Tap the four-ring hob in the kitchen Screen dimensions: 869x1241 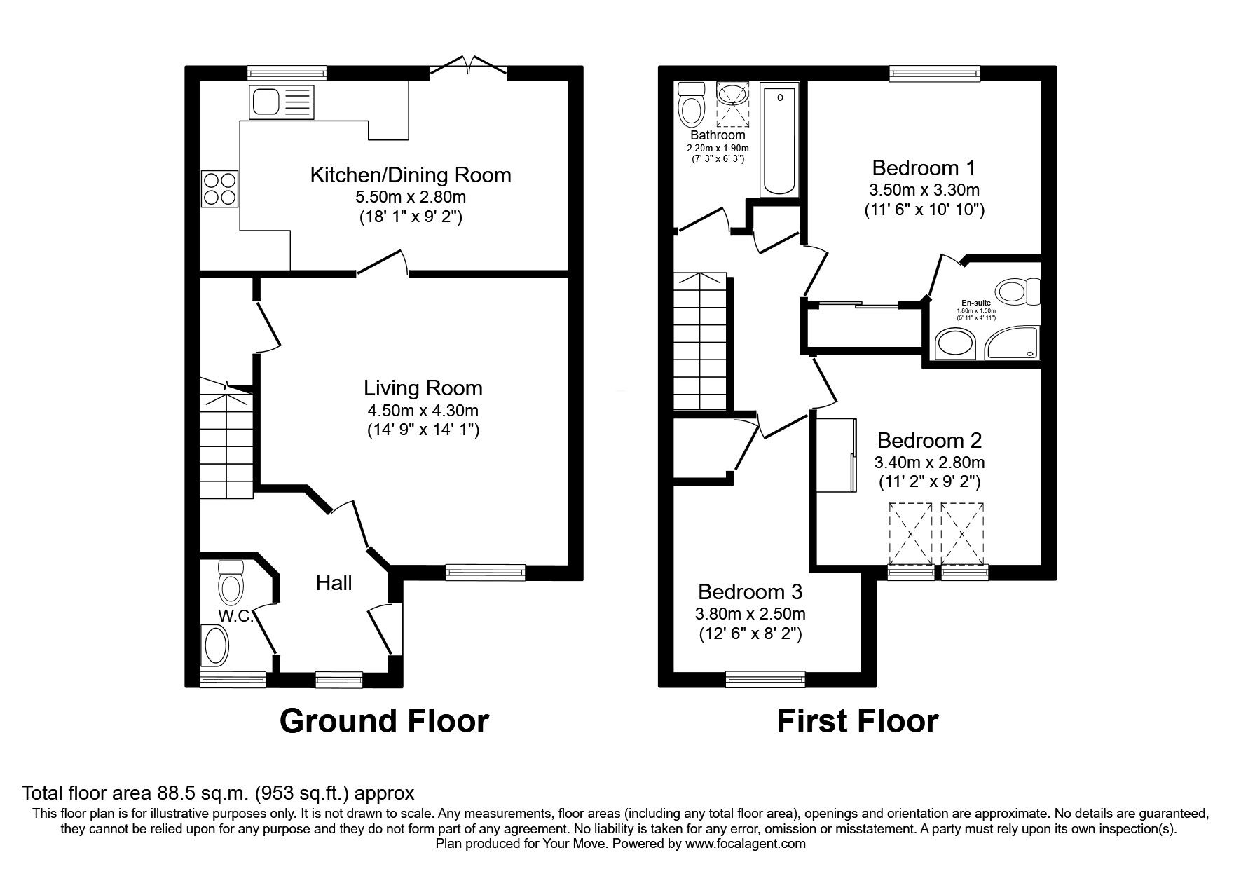219,188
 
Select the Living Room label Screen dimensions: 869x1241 423,388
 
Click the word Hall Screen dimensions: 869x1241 334,582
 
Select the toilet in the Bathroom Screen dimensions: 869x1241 692,105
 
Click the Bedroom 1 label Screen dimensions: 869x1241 924,167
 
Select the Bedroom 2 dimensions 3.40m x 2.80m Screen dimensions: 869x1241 929,463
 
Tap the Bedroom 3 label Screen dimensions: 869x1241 750,591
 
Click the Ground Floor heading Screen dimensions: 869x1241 384,721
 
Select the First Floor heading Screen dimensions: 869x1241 857,721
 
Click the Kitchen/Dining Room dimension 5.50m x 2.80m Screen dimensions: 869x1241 411,197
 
